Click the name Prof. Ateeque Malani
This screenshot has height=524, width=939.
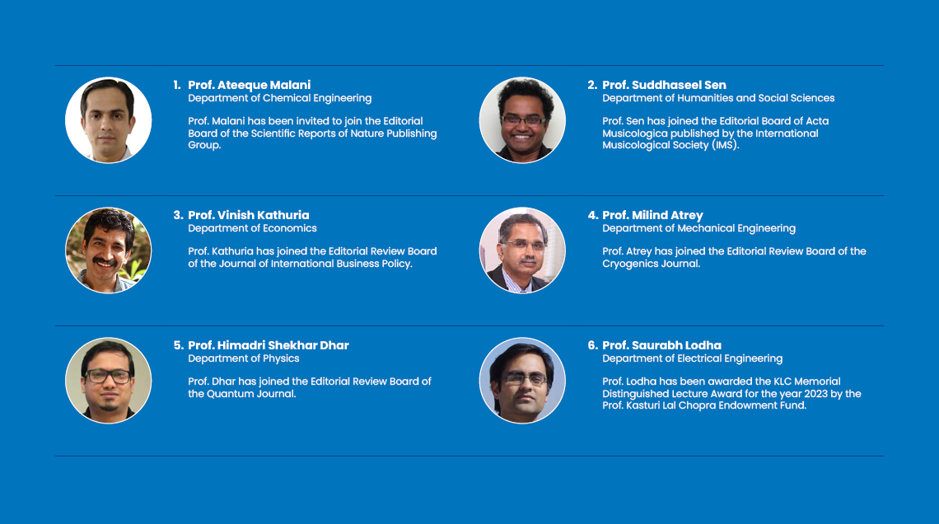tap(249, 85)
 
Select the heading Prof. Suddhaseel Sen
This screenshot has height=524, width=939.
tap(664, 85)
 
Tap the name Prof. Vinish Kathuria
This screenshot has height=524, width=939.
tap(249, 215)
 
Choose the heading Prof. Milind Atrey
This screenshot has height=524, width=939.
tap(652, 215)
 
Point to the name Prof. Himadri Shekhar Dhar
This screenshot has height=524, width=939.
tap(269, 345)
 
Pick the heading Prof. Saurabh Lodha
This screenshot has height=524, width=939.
tap(661, 345)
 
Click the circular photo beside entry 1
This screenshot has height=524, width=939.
tap(109, 119)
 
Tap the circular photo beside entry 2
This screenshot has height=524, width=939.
tap(522, 119)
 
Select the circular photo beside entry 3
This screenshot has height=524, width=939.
tap(109, 250)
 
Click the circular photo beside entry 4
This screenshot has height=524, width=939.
tap(522, 250)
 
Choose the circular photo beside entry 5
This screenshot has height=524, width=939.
tap(109, 381)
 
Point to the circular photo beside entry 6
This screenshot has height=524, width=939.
tap(522, 381)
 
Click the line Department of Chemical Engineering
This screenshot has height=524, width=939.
tap(280, 98)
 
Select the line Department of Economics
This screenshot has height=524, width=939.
tap(252, 228)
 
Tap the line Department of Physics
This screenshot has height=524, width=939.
tap(244, 358)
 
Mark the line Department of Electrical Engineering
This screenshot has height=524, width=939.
tap(692, 358)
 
